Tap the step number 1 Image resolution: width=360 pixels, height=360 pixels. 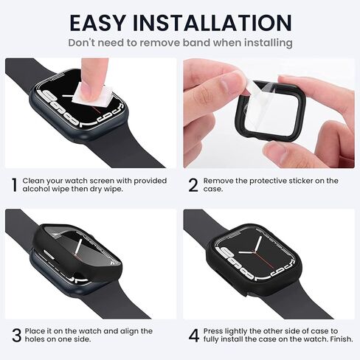[13, 185]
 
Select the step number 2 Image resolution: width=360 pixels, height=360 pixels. [193, 185]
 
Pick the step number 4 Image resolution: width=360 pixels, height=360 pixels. [193, 336]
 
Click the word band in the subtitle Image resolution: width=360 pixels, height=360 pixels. [187, 43]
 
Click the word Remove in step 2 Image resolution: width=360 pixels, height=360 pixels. [220, 181]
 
